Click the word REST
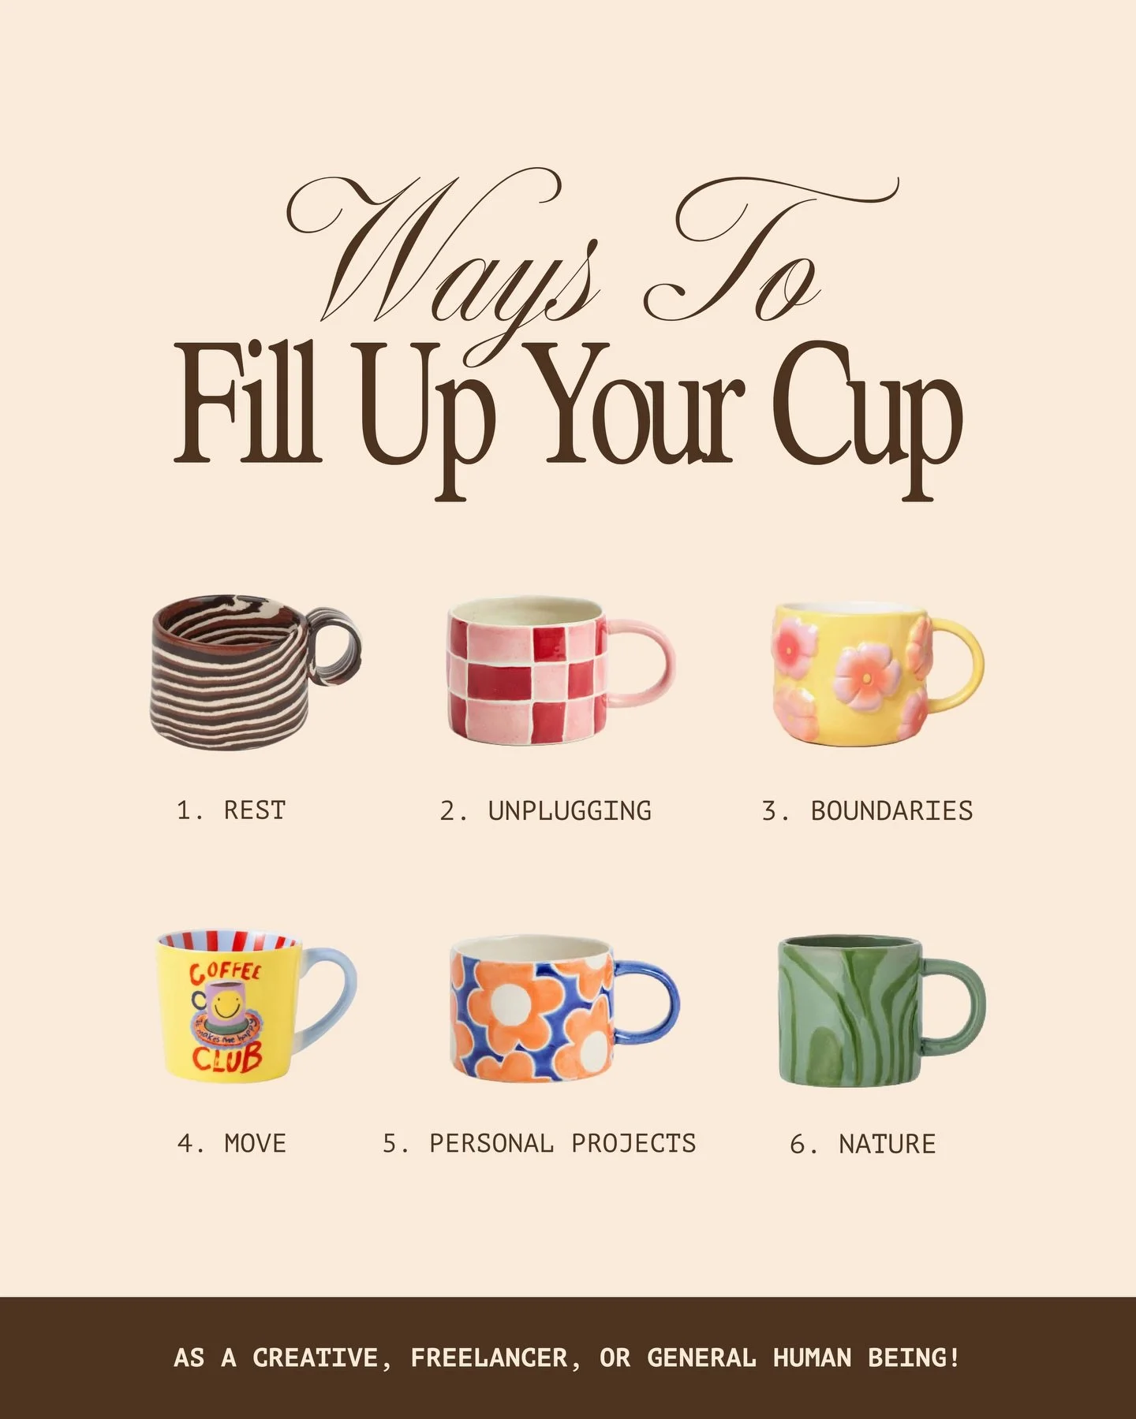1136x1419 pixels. coord(254,810)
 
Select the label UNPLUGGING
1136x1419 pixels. coord(570,810)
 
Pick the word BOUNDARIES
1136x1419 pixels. coord(891,810)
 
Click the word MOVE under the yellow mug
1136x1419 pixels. coord(255,1143)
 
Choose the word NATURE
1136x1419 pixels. coord(887,1143)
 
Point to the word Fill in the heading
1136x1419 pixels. coord(247,410)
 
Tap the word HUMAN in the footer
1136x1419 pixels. coord(812,1358)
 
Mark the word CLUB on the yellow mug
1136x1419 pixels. coord(227,1059)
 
